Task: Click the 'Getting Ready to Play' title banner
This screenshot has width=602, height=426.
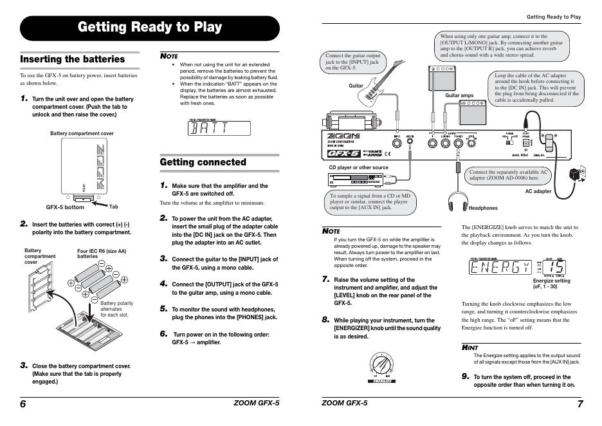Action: tap(150, 28)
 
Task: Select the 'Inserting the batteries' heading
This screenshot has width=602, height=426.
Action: tap(73, 59)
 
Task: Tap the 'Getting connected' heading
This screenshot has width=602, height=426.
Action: tap(203, 162)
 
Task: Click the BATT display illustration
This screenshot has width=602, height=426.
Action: tap(217, 127)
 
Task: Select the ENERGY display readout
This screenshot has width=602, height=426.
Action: tap(501, 268)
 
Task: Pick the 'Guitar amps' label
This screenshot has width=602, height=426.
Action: tap(459, 95)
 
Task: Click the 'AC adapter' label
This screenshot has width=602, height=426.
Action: tap(538, 191)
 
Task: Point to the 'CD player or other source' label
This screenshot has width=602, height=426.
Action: tap(358, 167)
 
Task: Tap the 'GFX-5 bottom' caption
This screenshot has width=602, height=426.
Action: tap(65, 207)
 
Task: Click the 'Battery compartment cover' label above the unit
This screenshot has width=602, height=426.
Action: tap(82, 133)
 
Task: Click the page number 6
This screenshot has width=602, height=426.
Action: tap(23, 404)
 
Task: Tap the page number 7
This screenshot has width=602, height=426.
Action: tap(579, 404)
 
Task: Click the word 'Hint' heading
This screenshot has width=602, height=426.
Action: tap(470, 347)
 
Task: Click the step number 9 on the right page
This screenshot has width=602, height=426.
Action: tap(465, 376)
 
